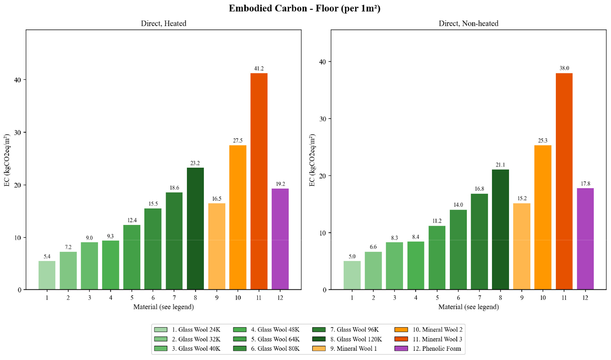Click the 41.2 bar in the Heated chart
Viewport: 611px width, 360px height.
259,181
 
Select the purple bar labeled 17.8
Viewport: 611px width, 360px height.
585,239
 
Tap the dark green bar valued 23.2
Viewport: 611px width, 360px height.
195,229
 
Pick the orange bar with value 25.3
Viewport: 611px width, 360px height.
542,218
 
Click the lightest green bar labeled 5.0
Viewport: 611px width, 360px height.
352,275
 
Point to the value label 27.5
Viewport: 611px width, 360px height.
238,141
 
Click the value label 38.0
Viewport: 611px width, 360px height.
564,69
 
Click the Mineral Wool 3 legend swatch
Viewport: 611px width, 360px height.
401,339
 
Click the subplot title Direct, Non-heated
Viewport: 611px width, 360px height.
468,23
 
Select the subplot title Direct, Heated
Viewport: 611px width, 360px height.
163,23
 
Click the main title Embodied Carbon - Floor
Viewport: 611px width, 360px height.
305,8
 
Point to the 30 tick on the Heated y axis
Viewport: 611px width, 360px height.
19,133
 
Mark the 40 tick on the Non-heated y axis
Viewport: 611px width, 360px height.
323,62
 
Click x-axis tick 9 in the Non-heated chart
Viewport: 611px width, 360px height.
522,298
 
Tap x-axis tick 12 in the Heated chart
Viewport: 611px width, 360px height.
280,298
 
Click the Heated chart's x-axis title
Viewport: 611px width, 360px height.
163,307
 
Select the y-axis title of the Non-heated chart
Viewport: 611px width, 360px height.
312,160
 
